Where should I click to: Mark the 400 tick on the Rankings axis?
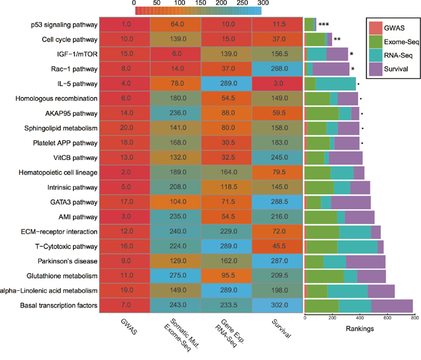pyautogui.click(x=359, y=318)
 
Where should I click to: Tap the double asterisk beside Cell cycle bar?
pyautogui.click(x=337, y=39)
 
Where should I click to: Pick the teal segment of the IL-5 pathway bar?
pyautogui.click(x=336, y=84)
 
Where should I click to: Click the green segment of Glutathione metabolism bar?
pyautogui.click(x=325, y=276)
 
